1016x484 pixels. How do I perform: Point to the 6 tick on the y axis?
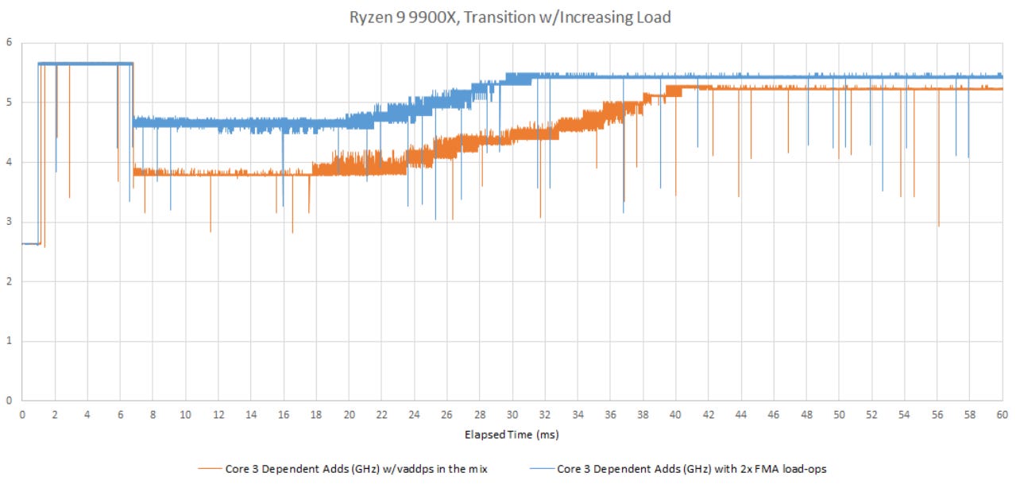[x=9, y=42]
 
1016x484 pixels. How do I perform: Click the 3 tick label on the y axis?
[x=9, y=222]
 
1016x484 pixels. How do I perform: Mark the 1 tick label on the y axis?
[x=9, y=341]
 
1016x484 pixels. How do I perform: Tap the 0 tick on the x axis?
[x=22, y=414]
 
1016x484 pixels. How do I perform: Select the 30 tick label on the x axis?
[x=512, y=414]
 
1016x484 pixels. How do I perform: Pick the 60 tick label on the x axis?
[x=1002, y=414]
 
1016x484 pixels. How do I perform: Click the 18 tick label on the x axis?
[x=316, y=414]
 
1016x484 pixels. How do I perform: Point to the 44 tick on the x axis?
[x=741, y=414]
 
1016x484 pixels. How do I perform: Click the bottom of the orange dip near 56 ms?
[x=938, y=227]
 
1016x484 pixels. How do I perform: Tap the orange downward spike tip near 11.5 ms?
[x=211, y=231]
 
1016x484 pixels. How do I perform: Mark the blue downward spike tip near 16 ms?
[x=283, y=206]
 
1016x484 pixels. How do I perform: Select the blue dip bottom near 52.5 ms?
[x=882, y=191]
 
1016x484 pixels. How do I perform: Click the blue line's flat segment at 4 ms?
[x=87, y=64]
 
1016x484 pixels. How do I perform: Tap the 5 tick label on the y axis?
[x=9, y=102]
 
